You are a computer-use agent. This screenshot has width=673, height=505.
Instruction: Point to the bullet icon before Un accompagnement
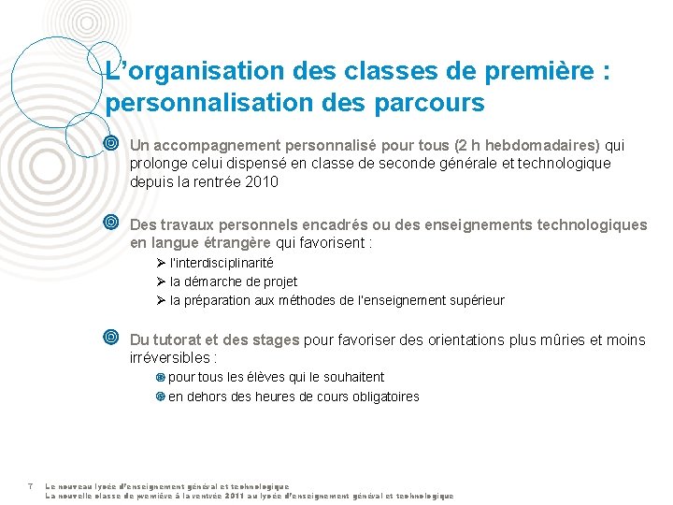click(x=111, y=145)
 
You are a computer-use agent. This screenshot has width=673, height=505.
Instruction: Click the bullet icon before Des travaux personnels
click(x=111, y=224)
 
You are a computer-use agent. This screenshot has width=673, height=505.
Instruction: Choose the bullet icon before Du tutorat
click(x=111, y=339)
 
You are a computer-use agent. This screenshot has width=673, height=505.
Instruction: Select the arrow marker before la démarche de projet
click(x=161, y=281)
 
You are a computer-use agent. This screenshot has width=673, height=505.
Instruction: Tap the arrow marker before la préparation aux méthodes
click(x=161, y=300)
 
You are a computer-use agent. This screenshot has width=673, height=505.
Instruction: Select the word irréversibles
click(x=171, y=358)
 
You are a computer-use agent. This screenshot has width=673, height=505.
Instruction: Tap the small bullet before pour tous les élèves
click(x=160, y=378)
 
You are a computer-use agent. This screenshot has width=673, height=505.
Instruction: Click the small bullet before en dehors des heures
click(x=160, y=397)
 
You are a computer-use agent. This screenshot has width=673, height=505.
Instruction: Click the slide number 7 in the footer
click(x=31, y=486)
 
